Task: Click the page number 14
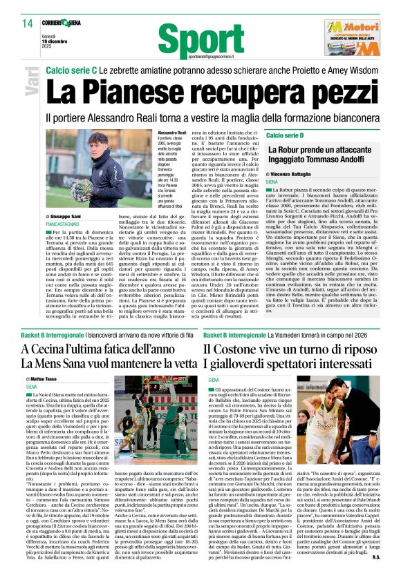point(27,23)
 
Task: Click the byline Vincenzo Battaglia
point(296,176)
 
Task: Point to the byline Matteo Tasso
point(43,380)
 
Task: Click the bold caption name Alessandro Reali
point(172,132)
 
